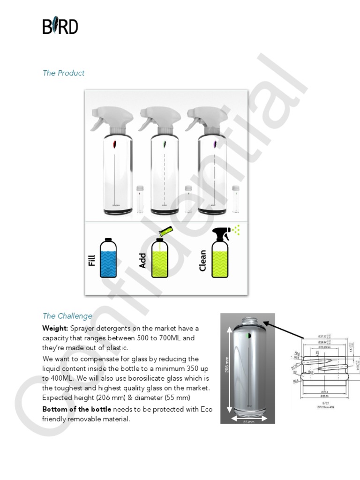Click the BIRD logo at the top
(60, 26)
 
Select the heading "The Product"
(63, 73)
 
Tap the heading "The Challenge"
(67, 316)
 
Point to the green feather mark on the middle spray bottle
(164, 146)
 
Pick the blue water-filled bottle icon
(108, 259)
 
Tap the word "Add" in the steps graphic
(143, 261)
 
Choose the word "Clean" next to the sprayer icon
(202, 260)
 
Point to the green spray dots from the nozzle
(237, 229)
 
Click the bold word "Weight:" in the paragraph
(55, 328)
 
